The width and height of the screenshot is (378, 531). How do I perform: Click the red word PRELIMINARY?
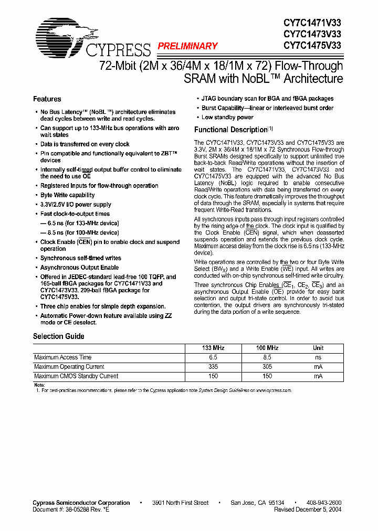pos(187,46)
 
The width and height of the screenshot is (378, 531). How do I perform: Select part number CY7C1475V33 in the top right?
pos(312,46)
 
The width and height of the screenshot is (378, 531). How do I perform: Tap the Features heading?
pos(47,99)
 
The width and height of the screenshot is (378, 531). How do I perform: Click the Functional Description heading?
pos(231,130)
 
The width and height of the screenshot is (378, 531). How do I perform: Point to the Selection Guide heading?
pos(59,336)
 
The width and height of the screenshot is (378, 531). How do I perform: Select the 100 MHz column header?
pos(267,348)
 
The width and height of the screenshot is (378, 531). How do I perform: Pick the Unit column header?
pos(318,348)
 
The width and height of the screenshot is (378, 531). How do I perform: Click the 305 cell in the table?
pos(267,367)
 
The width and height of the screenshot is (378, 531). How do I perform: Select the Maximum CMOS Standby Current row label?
pos(76,376)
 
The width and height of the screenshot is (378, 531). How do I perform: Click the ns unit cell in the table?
pos(318,358)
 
